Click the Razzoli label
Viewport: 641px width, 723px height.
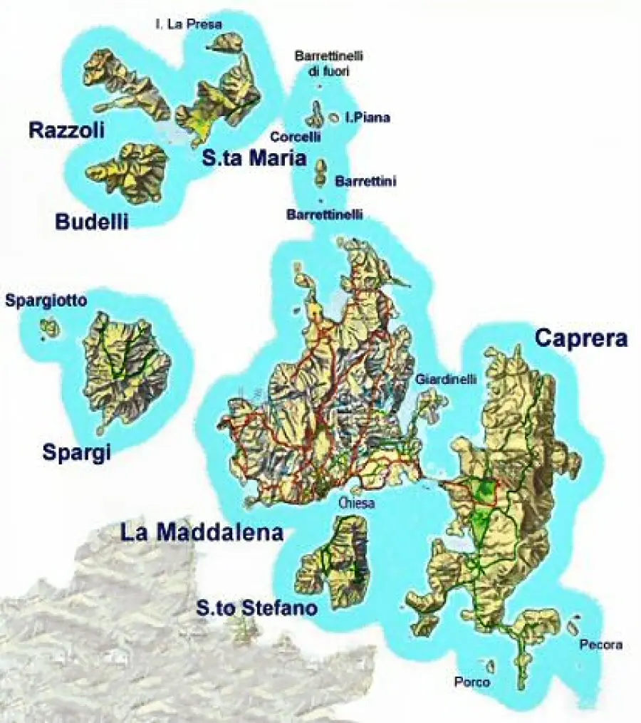[66, 130]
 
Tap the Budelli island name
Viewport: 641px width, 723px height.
[92, 222]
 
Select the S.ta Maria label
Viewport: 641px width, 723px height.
[254, 159]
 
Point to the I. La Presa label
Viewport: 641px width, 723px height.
[189, 24]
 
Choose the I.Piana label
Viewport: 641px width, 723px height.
[368, 118]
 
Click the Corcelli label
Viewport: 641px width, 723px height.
[296, 136]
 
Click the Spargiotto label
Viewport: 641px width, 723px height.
[46, 301]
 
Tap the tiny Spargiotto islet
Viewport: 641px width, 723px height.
[50, 328]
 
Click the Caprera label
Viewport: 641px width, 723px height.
[581, 338]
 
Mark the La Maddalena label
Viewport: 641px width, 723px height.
[202, 532]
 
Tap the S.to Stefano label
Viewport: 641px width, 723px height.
[256, 608]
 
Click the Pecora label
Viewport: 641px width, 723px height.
[600, 645]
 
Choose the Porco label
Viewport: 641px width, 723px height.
[472, 682]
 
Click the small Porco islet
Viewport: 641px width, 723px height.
[490, 666]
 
